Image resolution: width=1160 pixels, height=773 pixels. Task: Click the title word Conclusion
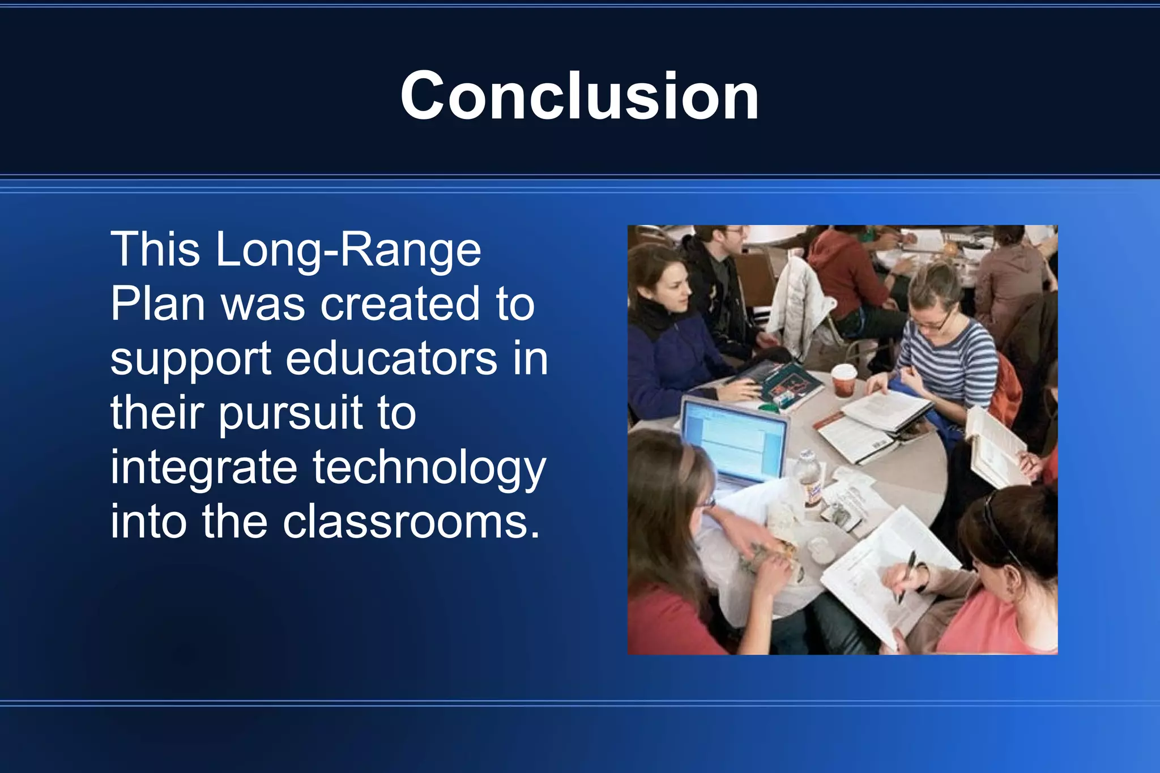579,96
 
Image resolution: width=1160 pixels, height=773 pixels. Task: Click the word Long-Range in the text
348,250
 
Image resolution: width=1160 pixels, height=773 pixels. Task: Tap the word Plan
157,304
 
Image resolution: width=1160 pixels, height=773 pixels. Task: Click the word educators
391,358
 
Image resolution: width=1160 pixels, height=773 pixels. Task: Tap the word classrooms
410,522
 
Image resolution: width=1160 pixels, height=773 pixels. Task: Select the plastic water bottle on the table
809,479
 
